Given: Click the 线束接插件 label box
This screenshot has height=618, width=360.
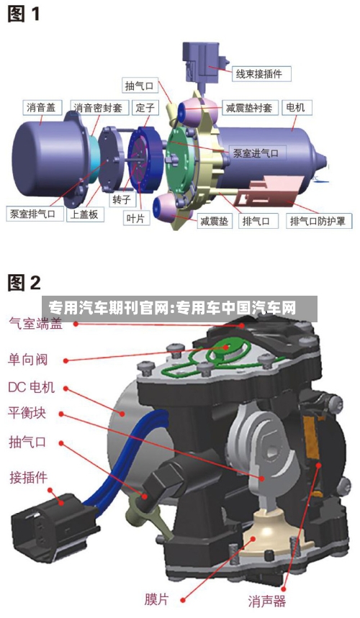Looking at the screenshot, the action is pos(258,73).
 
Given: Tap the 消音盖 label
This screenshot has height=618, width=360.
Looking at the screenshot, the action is pos(41,108).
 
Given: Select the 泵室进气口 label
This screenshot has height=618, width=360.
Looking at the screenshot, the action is pos(256,153).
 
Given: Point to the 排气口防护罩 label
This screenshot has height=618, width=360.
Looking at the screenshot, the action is pos(317,221).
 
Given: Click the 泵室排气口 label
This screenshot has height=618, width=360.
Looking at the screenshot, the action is pos(32,214).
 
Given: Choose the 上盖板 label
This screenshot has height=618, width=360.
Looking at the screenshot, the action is pos(84,214).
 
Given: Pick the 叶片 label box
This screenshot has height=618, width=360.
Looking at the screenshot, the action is pos(136,218).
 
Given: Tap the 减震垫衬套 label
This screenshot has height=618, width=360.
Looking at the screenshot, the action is pos(249,108).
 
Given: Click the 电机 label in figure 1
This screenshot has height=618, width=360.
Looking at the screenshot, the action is pos(295,107).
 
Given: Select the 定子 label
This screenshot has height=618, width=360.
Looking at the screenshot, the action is pos(145,108).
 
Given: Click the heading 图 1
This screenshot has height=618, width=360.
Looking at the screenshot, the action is pos(24,14).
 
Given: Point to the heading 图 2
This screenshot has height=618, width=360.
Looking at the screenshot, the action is pos(24,283).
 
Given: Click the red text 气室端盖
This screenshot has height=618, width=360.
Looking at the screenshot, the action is pos(36,323).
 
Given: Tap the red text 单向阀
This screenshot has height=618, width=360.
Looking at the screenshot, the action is pos(27,360).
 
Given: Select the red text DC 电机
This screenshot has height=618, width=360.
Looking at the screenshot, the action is pos(31,387).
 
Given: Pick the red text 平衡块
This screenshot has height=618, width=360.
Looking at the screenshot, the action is pos(27,413).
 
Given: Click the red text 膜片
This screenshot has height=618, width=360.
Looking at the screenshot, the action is pos(156,599).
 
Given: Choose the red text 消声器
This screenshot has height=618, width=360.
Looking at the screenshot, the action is pos(267,601).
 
